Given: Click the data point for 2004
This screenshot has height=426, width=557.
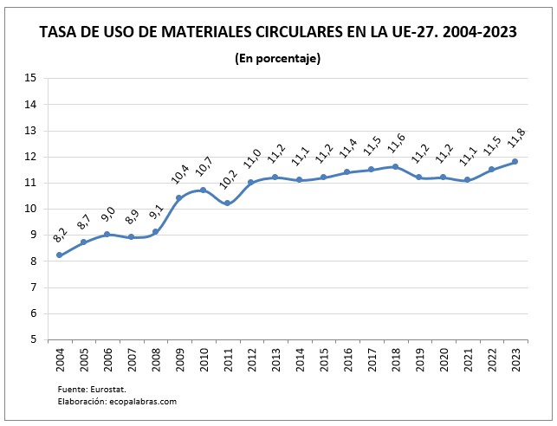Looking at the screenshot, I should point(60,255).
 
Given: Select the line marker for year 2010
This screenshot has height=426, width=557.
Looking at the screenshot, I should point(204,190).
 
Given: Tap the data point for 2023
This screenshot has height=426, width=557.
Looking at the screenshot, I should point(515,161).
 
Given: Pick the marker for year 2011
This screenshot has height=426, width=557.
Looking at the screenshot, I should point(227,203).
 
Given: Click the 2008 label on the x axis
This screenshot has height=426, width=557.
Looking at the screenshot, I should point(156,360).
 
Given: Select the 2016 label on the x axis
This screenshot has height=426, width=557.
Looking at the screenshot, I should point(347,360).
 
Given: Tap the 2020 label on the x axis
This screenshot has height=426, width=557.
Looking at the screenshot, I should point(444,360).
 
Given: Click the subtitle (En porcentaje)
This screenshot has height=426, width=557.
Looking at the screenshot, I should point(278,58).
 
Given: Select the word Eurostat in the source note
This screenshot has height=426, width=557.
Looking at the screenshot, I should point(112,390).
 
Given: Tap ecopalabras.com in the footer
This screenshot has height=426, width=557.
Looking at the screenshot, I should point(141,402).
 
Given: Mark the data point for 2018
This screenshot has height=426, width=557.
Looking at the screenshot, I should point(395,166).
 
